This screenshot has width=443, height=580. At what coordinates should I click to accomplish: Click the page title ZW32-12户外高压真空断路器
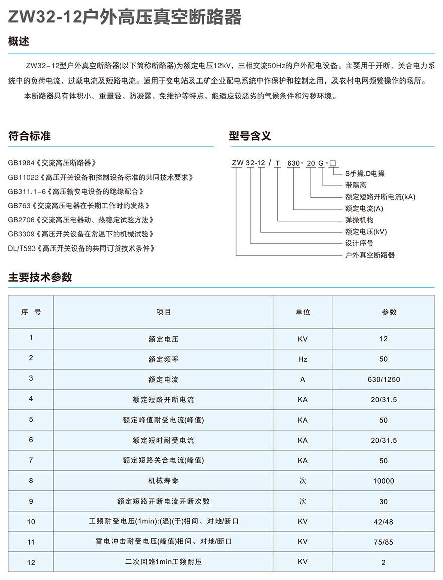(x=125, y=17)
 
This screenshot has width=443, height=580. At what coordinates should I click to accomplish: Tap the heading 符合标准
(x=30, y=136)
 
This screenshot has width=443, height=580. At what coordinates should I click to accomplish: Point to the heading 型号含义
(x=250, y=136)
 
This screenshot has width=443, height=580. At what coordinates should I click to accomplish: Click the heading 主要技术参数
(x=40, y=277)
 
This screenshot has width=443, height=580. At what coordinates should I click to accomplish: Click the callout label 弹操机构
(x=359, y=220)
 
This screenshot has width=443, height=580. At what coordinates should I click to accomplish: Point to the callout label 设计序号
(x=359, y=243)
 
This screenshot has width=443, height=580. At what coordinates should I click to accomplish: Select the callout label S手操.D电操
(x=365, y=174)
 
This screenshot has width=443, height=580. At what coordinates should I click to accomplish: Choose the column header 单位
(x=303, y=312)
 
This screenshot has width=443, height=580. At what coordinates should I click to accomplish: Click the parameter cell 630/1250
(x=384, y=379)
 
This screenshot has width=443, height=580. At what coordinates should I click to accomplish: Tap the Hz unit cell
(x=303, y=359)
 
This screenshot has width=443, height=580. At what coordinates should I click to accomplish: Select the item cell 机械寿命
(x=163, y=481)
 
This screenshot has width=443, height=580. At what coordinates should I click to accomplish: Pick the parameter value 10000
(x=384, y=481)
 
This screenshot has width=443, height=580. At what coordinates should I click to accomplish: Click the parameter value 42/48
(x=384, y=522)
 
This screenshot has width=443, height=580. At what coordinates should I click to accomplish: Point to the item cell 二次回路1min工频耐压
(x=163, y=562)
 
